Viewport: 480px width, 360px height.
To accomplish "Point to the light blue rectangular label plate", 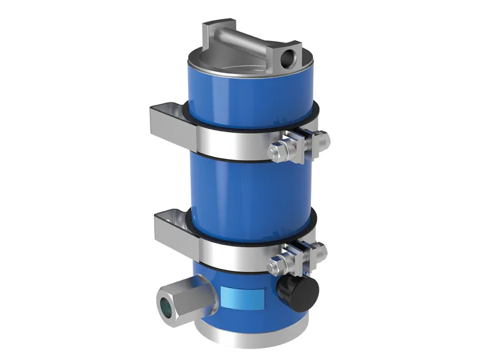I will pyautogui.click(x=245, y=296).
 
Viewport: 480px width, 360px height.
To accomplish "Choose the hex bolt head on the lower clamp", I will pyautogui.click(x=278, y=262).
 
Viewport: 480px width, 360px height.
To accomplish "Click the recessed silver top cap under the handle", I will pyautogui.click(x=228, y=60).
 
